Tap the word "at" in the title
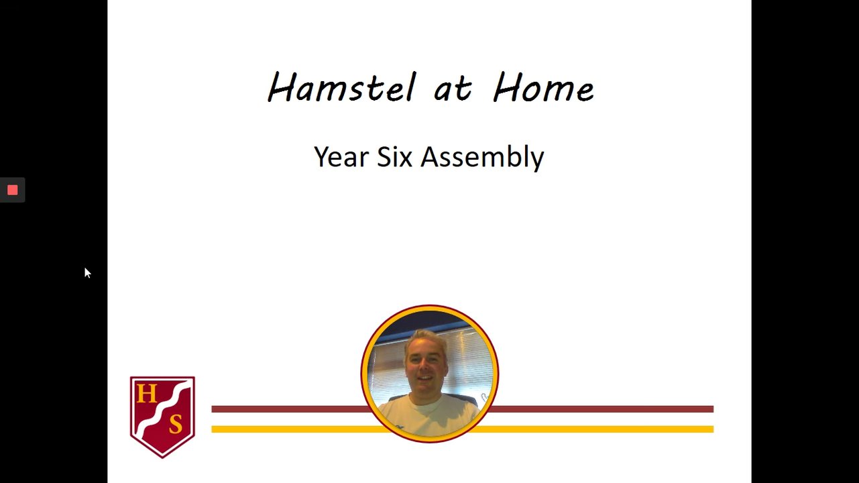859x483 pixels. click(x=453, y=89)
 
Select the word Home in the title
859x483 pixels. click(x=543, y=87)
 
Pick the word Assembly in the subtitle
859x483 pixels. click(x=482, y=158)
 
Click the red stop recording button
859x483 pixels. click(x=12, y=190)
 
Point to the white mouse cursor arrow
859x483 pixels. click(x=87, y=273)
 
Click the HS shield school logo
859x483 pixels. click(x=162, y=417)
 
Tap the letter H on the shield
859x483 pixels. click(x=146, y=394)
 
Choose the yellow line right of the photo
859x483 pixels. click(x=593, y=429)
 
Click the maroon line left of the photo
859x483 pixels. click(x=290, y=409)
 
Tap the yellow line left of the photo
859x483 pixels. click(x=299, y=429)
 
